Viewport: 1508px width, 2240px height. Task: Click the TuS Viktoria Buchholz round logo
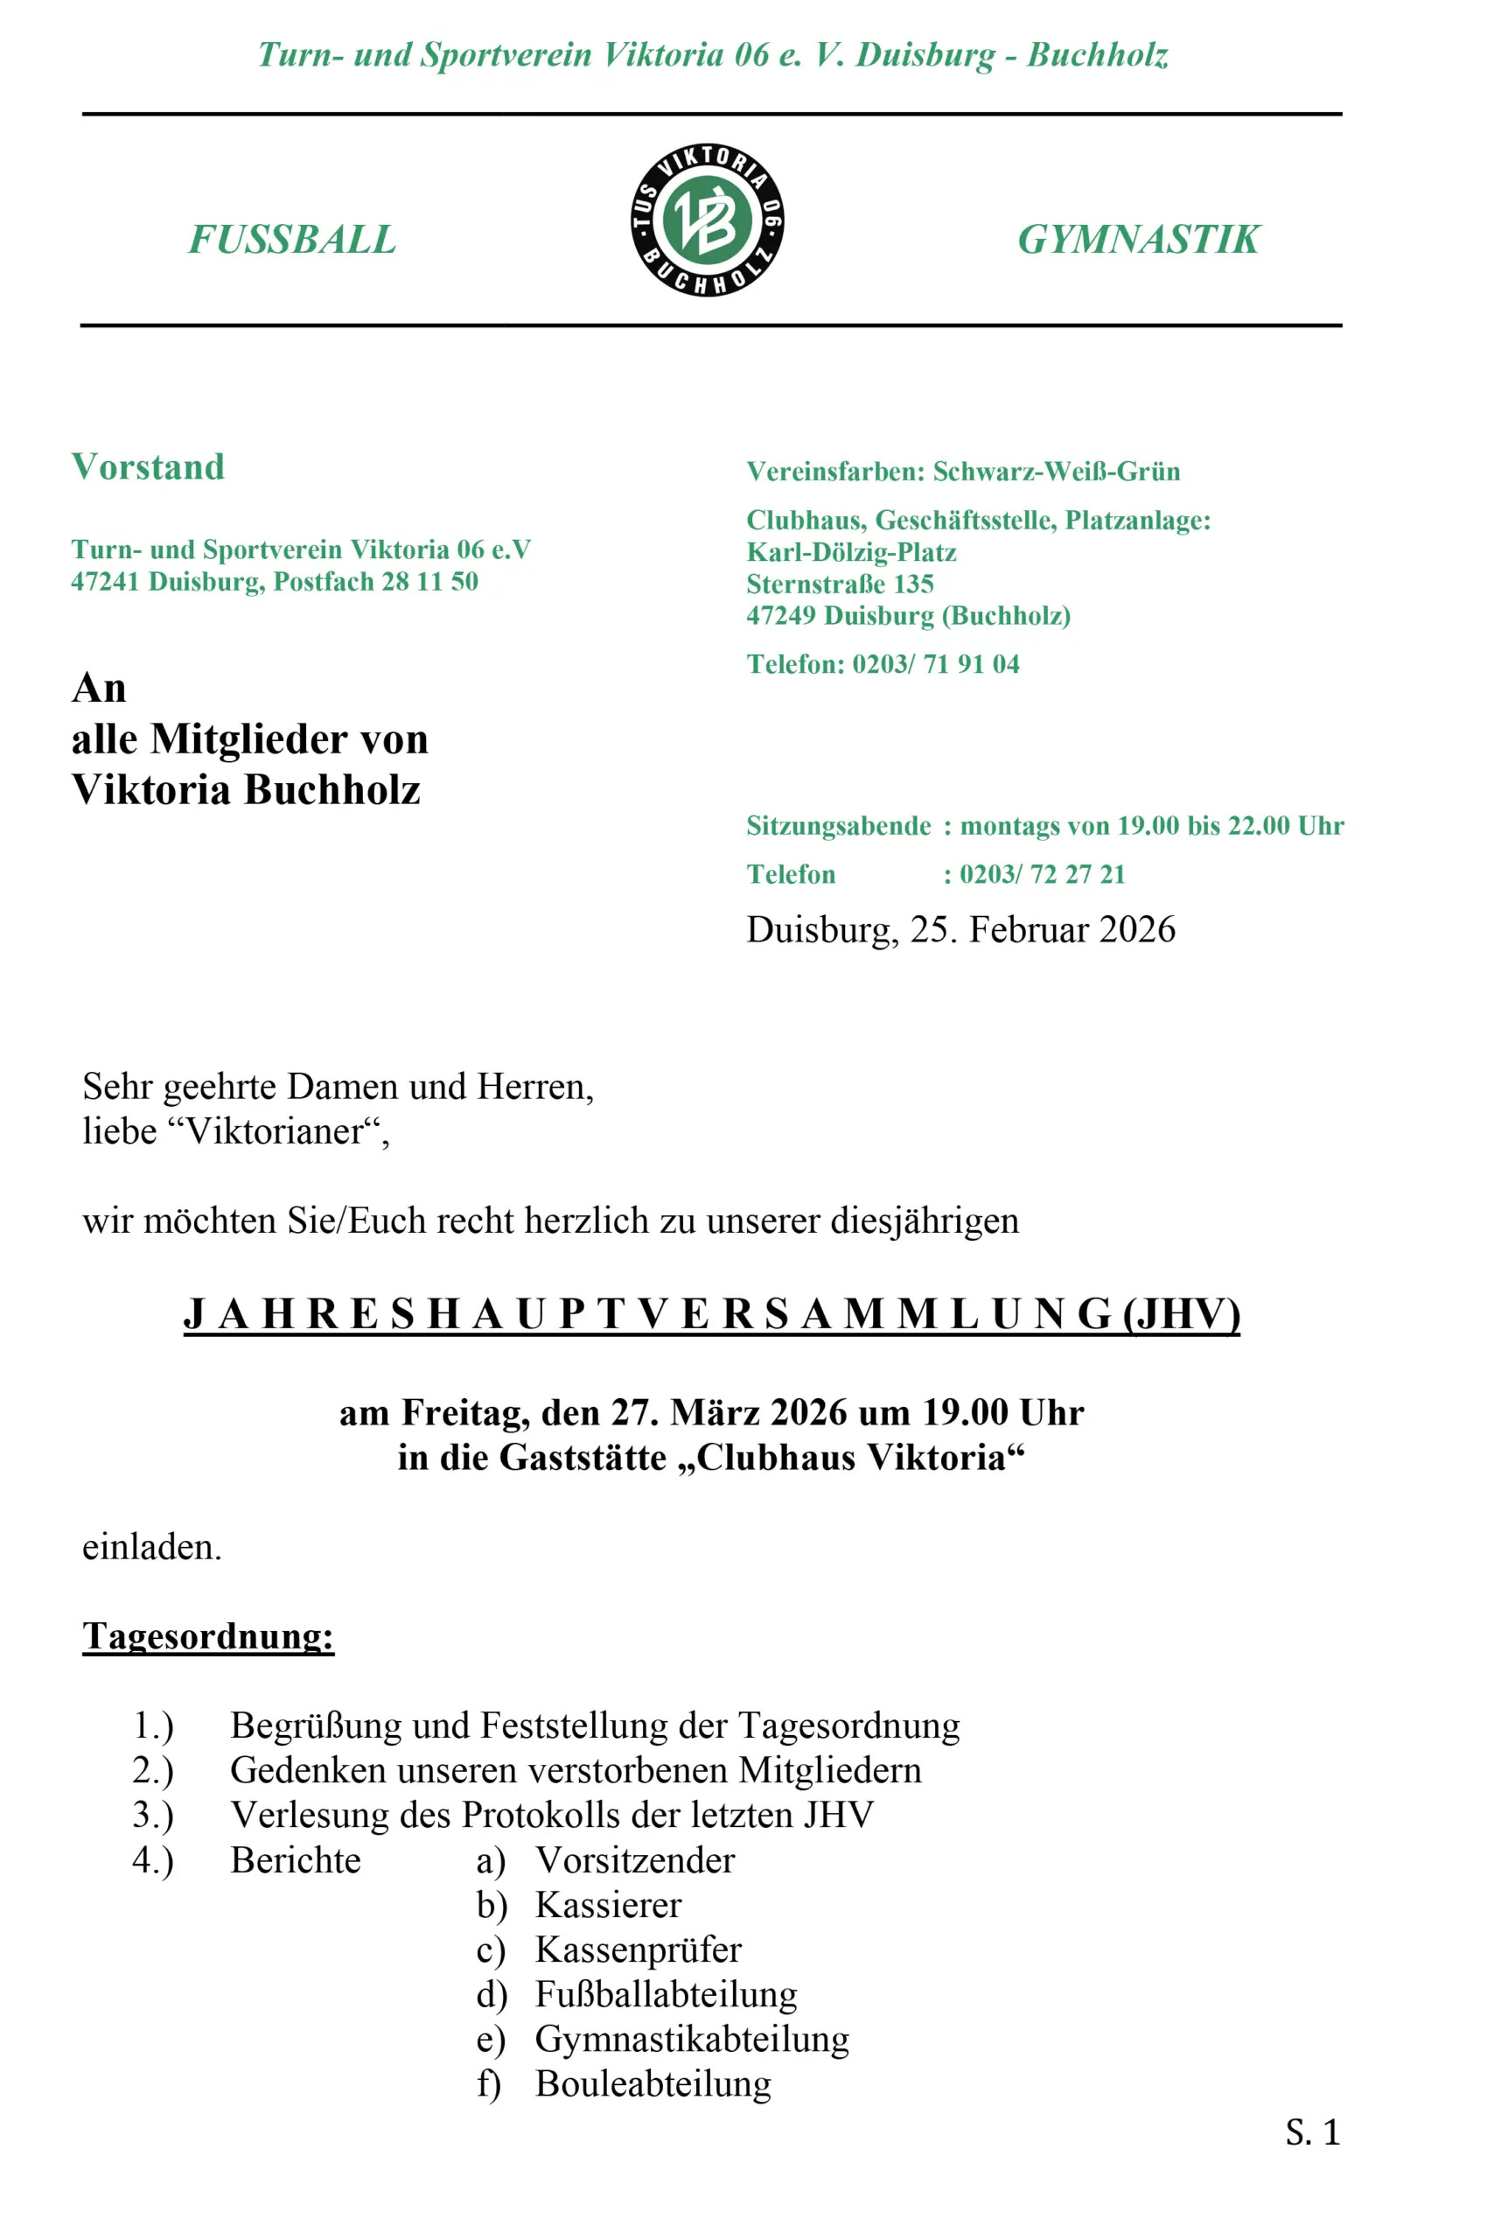(707, 220)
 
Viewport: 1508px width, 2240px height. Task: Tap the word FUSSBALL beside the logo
(292, 240)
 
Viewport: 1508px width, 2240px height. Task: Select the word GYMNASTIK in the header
(1138, 240)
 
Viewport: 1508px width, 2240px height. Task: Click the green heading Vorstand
(148, 467)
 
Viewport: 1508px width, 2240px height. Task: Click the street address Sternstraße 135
(840, 584)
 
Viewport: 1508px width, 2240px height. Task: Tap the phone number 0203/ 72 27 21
(1042, 874)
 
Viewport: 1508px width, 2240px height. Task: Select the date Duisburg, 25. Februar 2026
(960, 930)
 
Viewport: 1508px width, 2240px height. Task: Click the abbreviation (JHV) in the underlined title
(1181, 1313)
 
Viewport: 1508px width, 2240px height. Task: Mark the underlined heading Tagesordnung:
(207, 1636)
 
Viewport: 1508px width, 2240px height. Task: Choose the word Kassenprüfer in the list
(639, 1949)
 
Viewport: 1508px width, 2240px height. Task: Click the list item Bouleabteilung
(653, 2083)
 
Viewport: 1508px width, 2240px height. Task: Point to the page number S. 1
(1312, 2132)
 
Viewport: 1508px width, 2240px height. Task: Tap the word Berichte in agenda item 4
(296, 1860)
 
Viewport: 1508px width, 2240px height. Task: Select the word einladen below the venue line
(150, 1546)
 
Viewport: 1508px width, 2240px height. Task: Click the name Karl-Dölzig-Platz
(851, 552)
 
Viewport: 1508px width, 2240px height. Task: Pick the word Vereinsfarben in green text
(833, 472)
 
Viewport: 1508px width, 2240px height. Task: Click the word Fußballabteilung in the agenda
(667, 1994)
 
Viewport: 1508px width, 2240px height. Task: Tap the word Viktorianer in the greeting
(274, 1131)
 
